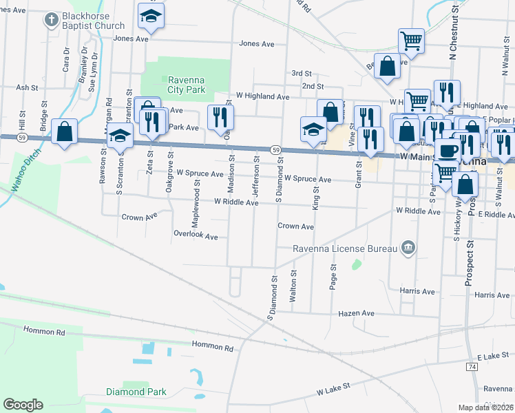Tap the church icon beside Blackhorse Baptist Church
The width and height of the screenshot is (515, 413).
click(x=52, y=20)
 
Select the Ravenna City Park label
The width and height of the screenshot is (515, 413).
click(x=187, y=85)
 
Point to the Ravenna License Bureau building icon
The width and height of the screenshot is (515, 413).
click(x=408, y=248)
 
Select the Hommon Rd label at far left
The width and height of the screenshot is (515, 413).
click(x=46, y=331)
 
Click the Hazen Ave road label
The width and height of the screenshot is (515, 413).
click(x=356, y=313)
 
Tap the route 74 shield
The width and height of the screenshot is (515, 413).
click(x=472, y=368)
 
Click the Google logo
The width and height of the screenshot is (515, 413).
click(x=23, y=405)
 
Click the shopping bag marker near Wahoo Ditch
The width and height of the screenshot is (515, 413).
click(x=64, y=131)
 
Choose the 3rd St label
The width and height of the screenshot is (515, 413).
click(x=302, y=73)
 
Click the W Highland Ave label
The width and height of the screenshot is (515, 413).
click(x=262, y=97)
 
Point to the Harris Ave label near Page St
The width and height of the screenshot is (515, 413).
click(x=417, y=291)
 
